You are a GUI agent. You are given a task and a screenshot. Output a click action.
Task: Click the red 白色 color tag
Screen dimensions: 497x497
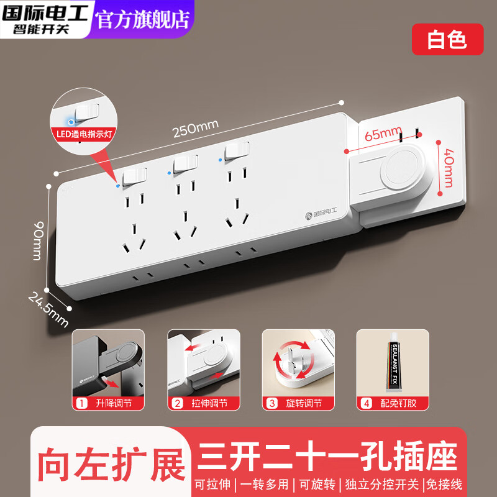pos(447,39)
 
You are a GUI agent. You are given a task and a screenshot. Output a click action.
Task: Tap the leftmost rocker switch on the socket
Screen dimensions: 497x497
pos(134,178)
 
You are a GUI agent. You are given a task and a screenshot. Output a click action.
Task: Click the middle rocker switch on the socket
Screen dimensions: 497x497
pos(185,164)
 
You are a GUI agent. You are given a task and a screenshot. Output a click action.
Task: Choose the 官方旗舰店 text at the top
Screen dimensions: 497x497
pos(142,19)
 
